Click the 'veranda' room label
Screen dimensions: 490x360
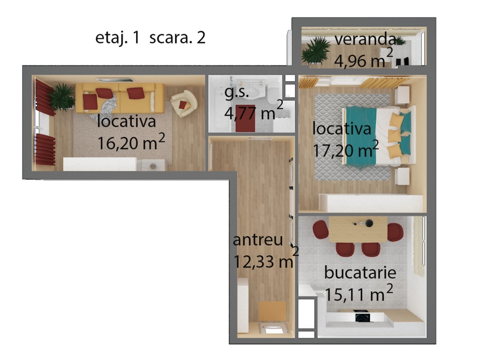click(x=365, y=39)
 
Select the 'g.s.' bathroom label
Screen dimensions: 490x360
click(x=237, y=93)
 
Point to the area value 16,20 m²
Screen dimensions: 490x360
click(x=131, y=142)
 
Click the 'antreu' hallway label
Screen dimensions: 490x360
click(x=258, y=240)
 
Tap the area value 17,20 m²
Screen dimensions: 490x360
click(x=346, y=149)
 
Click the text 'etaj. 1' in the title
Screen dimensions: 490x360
click(x=118, y=38)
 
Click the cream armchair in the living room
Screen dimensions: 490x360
click(x=184, y=103)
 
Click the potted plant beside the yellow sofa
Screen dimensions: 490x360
click(x=62, y=97)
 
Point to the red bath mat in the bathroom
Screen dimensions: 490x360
click(x=245, y=118)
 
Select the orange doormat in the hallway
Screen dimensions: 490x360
click(x=273, y=311)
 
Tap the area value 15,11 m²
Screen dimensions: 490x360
click(x=359, y=293)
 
